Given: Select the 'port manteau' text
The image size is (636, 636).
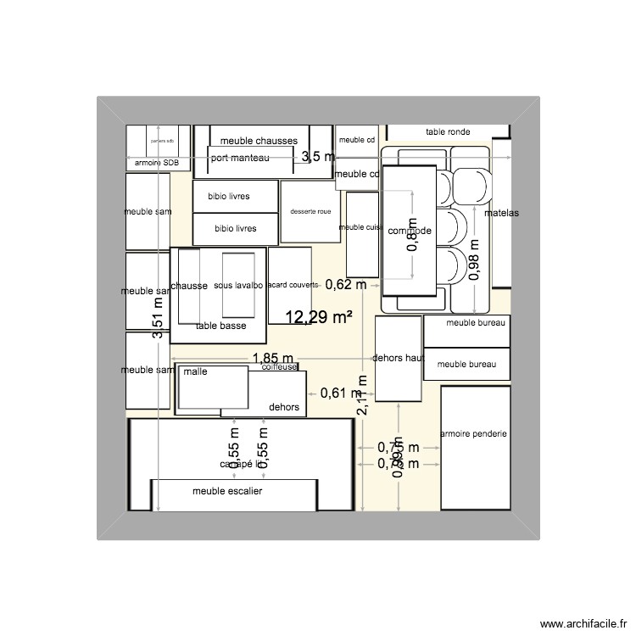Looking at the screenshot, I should click(241, 158).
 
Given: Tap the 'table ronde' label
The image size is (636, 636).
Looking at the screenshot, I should click(448, 132).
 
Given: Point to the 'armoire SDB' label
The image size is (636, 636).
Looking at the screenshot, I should click(158, 162).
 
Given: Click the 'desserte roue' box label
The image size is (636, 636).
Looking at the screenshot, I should click(310, 212).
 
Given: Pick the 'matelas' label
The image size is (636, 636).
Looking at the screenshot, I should click(501, 213).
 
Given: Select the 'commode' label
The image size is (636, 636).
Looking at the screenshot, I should click(410, 232).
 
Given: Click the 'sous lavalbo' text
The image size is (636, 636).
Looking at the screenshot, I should click(238, 286).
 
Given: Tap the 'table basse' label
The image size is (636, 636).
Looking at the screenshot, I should click(220, 326).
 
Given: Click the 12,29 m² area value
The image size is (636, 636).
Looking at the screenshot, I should click(319, 318).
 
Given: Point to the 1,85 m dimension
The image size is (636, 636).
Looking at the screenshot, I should click(272, 360).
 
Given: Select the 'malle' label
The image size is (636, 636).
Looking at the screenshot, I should click(195, 371).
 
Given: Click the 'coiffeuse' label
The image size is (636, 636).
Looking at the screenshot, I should click(279, 366).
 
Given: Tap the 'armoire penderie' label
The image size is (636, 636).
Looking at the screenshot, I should click(473, 433).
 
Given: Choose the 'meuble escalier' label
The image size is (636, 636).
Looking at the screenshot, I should click(227, 491).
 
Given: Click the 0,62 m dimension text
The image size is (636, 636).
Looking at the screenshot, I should click(345, 285).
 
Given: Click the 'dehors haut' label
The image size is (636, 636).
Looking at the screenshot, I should click(398, 358).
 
